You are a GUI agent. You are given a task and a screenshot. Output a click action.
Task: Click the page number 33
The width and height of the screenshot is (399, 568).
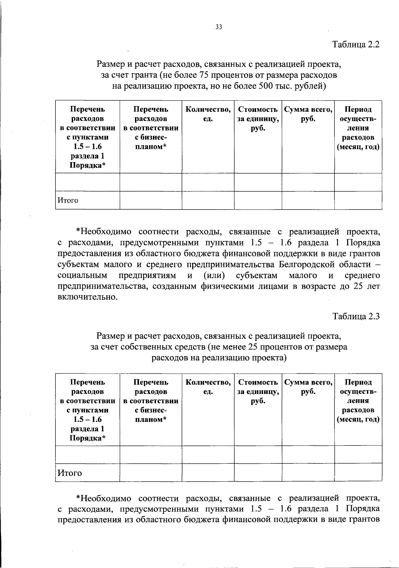(x=218, y=27)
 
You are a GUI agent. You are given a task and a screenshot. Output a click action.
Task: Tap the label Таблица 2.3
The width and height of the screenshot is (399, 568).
(x=356, y=317)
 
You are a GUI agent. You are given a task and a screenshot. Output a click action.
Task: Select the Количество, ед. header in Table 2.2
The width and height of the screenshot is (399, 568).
(x=208, y=114)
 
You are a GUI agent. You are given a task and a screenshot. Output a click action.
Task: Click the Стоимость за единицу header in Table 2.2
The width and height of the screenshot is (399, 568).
(x=258, y=119)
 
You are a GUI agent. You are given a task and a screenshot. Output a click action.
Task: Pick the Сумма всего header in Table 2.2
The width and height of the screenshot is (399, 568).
(x=308, y=114)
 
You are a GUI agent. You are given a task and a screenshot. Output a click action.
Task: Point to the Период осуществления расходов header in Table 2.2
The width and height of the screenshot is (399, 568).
(x=358, y=128)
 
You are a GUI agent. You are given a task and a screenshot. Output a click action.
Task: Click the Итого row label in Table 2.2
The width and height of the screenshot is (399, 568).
(x=68, y=200)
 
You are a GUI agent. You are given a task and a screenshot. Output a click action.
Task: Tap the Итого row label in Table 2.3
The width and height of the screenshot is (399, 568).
(x=69, y=473)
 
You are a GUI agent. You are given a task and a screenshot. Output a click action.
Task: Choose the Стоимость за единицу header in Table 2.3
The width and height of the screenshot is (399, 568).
(x=258, y=392)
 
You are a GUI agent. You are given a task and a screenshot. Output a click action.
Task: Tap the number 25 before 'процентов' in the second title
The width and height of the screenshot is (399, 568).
(x=253, y=347)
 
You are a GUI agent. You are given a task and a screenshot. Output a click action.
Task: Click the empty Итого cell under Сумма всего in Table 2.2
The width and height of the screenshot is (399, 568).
(x=308, y=200)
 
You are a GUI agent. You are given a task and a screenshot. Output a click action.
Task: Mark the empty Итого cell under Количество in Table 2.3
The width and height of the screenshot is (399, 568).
(x=208, y=473)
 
